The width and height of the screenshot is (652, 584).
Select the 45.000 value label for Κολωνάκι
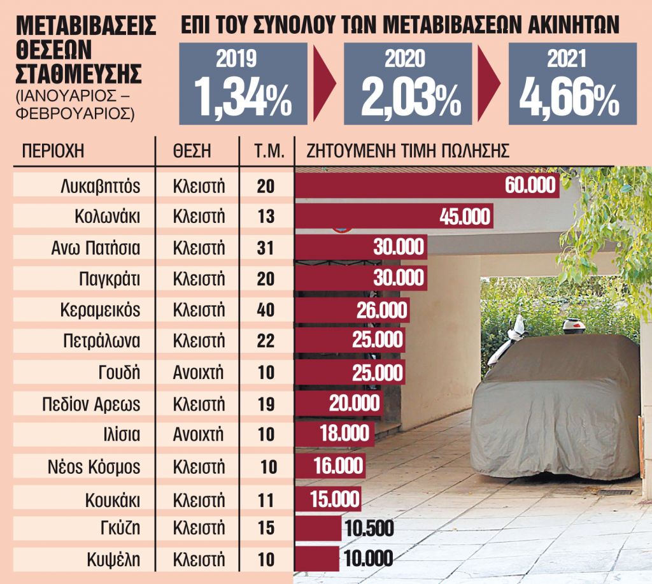tap(465, 217)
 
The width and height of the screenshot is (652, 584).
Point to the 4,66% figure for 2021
tap(569, 96)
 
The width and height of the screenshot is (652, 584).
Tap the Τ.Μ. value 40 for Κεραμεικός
tap(266, 310)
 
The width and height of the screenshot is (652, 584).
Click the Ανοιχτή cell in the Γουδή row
tap(199, 373)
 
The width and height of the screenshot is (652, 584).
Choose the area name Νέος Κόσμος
tap(94, 466)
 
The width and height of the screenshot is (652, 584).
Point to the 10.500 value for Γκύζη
tap(368, 529)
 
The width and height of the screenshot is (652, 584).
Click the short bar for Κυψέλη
tap(317, 559)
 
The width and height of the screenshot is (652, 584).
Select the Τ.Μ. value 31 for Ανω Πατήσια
tap(266, 248)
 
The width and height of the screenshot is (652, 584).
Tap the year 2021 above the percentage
tap(567, 59)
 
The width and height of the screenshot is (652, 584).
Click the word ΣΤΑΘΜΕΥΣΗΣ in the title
tap(78, 73)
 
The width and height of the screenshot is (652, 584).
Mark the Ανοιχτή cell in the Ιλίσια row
tap(199, 435)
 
